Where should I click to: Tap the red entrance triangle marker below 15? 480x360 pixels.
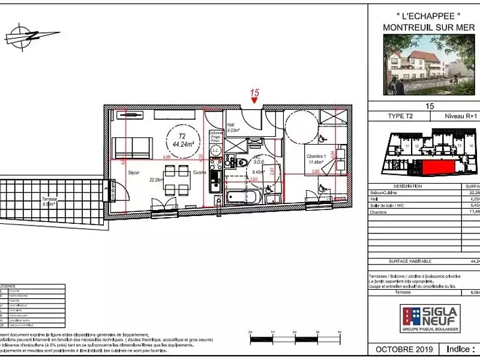pyautogui.click(x=255, y=101)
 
